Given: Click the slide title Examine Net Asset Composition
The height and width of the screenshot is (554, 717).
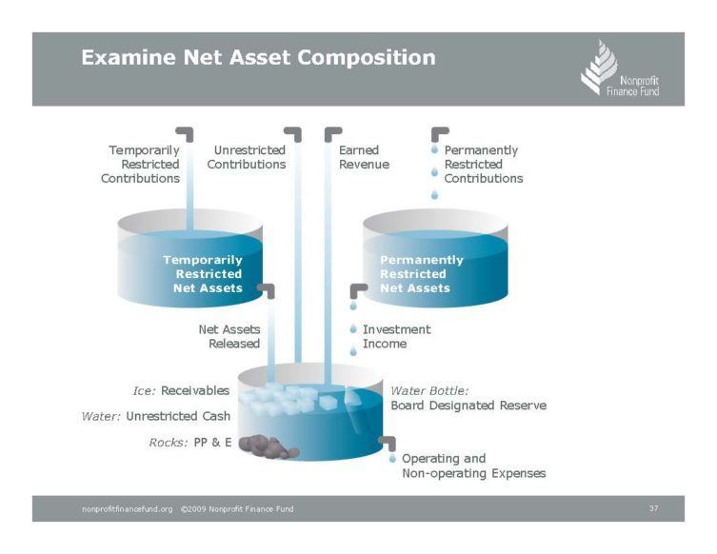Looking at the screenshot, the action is [258, 58].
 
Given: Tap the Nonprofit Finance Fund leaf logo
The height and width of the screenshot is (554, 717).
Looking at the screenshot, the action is [599, 67].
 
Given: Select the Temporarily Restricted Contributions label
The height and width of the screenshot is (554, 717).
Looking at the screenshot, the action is [140, 164].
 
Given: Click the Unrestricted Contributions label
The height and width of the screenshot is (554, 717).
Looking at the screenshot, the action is [247, 157].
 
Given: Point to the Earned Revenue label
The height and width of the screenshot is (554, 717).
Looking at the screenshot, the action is [364, 157].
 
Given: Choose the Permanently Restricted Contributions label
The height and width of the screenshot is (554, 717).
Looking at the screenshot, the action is [484, 164].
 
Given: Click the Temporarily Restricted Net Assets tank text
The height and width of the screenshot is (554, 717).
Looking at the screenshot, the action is [203, 274].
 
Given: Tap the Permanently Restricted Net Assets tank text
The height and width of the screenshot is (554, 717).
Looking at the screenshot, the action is [422, 274].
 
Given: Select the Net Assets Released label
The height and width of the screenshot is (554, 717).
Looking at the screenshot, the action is [229, 336].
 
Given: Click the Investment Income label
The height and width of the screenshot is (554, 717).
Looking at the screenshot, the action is [396, 336].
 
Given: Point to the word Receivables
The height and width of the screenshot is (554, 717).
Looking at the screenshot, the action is [195, 391].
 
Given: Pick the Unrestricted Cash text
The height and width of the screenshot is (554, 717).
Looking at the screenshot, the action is [178, 416].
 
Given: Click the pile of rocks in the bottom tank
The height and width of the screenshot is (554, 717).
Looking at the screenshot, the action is [269, 446].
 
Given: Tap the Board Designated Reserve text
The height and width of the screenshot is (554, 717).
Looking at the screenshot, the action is [468, 406].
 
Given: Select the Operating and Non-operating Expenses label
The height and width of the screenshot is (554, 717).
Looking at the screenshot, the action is [474, 465].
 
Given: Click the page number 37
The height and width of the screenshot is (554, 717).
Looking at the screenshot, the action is [653, 508].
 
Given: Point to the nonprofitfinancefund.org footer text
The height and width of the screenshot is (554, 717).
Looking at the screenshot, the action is [128, 509].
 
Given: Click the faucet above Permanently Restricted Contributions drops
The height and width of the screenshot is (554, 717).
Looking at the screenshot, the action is [440, 133].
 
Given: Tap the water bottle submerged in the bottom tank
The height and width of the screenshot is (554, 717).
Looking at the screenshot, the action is [358, 409].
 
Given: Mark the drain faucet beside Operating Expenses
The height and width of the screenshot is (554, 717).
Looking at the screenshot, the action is [388, 443].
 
